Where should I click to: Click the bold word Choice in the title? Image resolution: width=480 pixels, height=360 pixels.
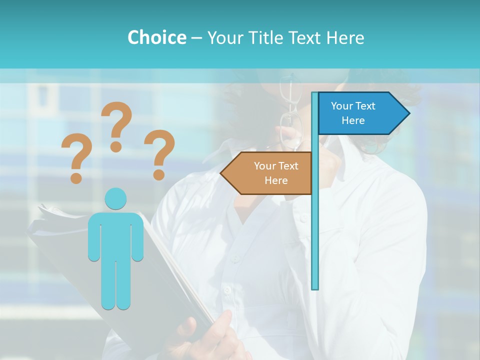(156, 37)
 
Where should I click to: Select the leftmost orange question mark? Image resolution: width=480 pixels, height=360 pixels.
(76, 157)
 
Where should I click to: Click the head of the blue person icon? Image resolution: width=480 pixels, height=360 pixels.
(115, 198)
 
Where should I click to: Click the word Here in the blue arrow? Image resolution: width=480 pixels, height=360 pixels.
(353, 120)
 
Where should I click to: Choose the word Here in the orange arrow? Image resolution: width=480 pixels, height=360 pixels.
(276, 180)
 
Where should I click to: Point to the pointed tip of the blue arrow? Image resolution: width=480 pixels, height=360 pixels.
(408, 113)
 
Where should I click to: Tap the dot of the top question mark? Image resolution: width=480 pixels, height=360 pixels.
(116, 146)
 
